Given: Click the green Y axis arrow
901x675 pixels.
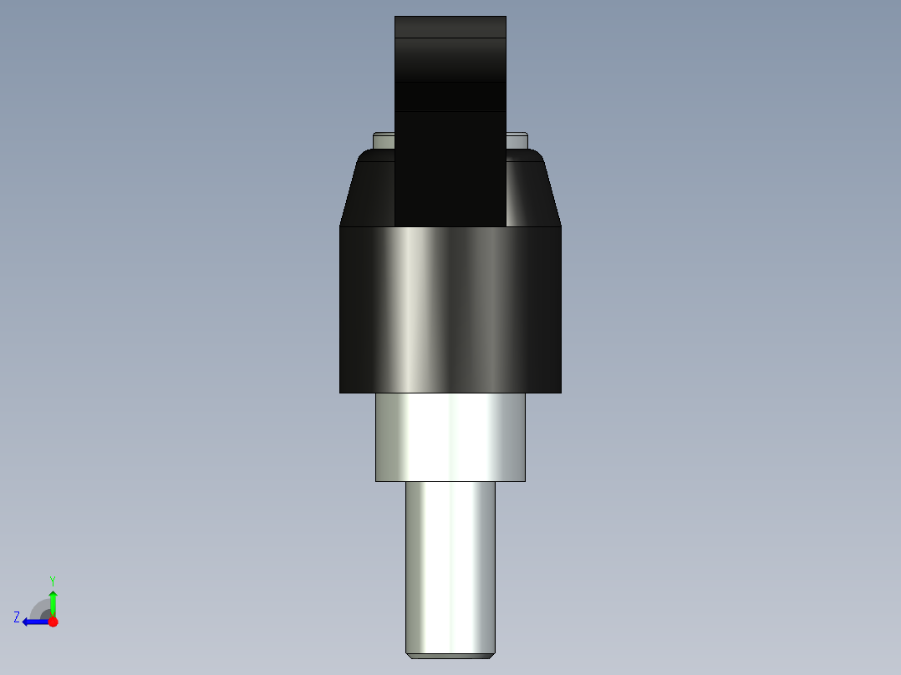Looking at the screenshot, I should click(x=53, y=601).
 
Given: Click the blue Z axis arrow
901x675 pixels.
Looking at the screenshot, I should click(x=33, y=622).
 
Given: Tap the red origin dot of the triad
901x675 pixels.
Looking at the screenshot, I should click(x=53, y=622).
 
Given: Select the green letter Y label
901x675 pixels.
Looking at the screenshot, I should click(x=53, y=580).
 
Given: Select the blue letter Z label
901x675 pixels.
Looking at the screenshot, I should click(x=17, y=617).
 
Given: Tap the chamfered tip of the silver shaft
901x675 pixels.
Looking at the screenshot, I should click(x=450, y=656).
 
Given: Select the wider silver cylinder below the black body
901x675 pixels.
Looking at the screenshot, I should click(x=450, y=436).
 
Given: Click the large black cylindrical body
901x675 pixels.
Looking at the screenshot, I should click(x=450, y=309).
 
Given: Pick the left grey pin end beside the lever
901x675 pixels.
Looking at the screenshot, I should click(x=384, y=140).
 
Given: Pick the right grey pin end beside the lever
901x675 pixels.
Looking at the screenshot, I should click(x=517, y=140).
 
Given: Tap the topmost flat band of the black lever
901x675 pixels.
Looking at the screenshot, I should click(x=450, y=27).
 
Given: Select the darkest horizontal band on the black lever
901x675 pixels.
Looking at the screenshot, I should click(x=450, y=96).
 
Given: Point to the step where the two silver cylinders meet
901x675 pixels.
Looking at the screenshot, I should click(x=450, y=482).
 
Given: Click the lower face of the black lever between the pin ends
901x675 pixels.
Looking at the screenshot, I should click(x=450, y=167).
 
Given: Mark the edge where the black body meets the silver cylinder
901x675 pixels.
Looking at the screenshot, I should click(x=450, y=393).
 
